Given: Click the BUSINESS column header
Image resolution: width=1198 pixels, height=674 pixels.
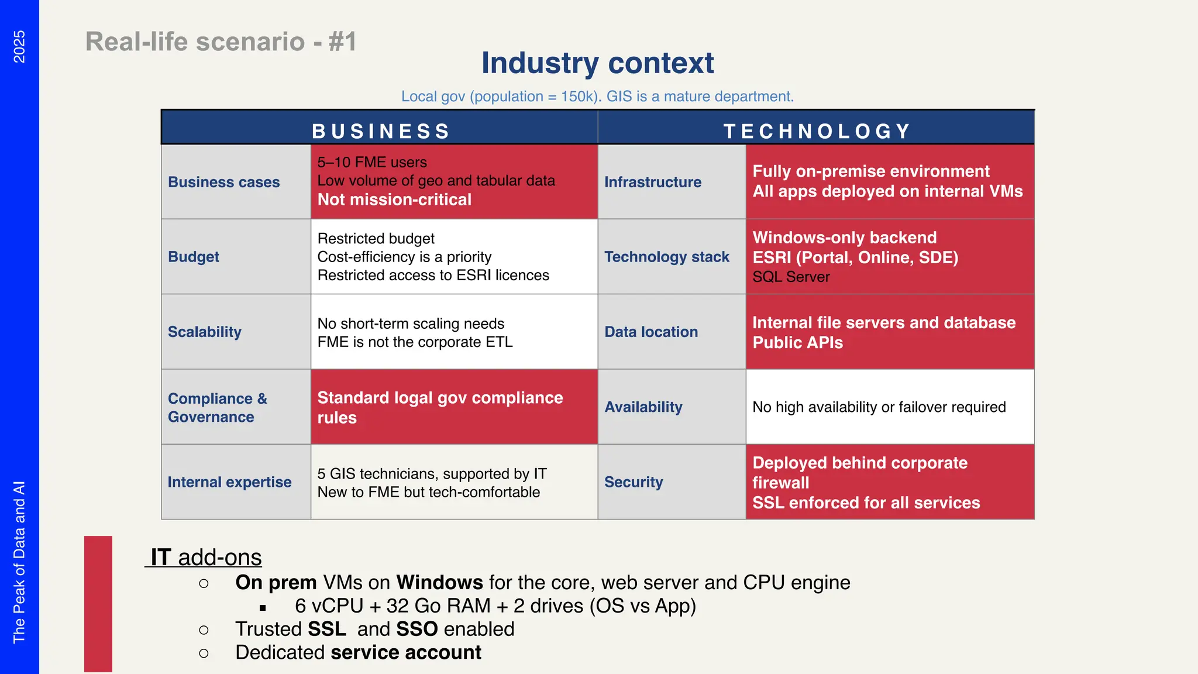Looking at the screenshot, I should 380,131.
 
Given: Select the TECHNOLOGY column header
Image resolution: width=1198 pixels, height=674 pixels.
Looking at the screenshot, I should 817,131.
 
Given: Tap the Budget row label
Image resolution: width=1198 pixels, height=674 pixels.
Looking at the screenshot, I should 194,257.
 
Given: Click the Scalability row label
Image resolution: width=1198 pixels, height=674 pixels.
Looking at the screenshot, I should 205,332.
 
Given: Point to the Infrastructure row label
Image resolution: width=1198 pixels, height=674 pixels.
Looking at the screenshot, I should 653,182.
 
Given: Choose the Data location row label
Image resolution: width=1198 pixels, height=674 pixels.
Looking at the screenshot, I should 651,332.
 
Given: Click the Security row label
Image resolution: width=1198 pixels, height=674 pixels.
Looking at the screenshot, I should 634,482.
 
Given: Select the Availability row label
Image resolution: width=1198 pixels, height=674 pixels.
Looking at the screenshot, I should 643,407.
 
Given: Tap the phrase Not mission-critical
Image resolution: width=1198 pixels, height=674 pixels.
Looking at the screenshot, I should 394,200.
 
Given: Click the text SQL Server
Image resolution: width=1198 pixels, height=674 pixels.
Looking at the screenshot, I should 791,277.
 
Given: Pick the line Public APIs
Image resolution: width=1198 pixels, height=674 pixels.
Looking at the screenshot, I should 797,343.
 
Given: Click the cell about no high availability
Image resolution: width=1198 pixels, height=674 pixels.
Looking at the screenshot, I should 879,407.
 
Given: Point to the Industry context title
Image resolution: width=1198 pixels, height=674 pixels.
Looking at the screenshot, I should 597,63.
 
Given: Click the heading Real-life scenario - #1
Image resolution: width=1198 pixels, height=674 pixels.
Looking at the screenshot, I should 221,42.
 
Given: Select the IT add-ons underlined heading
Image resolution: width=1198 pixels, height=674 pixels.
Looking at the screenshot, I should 205,557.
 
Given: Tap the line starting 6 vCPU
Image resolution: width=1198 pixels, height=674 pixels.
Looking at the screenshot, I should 495,606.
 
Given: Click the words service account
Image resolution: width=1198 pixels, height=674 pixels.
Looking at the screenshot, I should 406,652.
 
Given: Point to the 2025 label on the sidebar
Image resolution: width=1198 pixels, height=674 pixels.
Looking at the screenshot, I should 19,46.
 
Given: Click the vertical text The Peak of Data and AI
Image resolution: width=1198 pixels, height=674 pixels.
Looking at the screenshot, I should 19,562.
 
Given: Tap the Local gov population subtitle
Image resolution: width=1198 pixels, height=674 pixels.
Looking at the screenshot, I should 597,97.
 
